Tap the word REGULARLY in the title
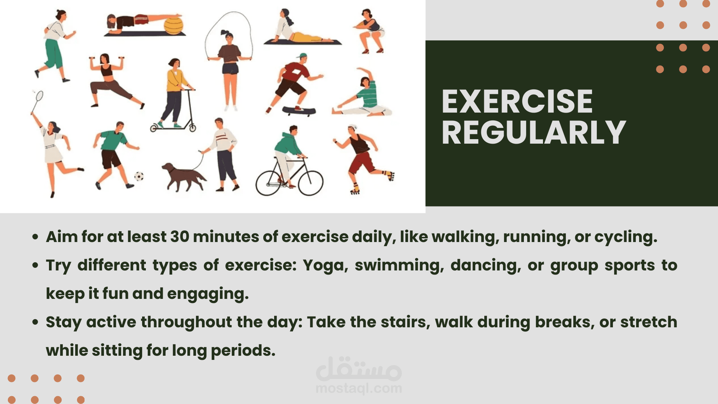[x=534, y=132]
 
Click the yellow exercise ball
[x=174, y=25]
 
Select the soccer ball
[x=139, y=176]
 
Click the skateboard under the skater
[x=299, y=111]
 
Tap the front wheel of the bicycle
[x=310, y=183]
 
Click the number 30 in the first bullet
[x=179, y=237]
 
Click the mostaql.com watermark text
[x=359, y=389]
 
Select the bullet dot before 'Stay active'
[x=36, y=322]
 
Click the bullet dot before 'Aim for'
[x=36, y=237]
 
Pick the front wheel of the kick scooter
[x=193, y=128]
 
